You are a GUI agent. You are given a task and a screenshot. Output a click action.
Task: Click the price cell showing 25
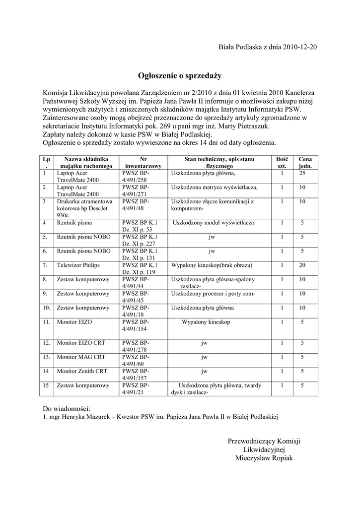302,174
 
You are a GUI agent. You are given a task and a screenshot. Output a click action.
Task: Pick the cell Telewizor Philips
75,265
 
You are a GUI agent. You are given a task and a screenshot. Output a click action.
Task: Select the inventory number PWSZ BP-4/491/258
136,177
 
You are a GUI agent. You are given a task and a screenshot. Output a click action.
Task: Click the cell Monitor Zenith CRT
82,371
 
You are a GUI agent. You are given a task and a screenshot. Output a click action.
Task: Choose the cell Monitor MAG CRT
81,357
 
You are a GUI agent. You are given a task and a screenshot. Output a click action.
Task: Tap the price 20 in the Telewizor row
302,265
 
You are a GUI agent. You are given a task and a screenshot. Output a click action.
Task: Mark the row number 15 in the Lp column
46,385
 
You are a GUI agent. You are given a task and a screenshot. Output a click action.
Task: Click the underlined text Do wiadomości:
67,408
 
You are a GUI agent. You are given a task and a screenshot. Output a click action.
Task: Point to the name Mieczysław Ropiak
264,458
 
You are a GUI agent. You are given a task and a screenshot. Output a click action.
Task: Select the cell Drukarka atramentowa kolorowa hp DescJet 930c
84,208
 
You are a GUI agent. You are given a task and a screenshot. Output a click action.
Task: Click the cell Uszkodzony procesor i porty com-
213,294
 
